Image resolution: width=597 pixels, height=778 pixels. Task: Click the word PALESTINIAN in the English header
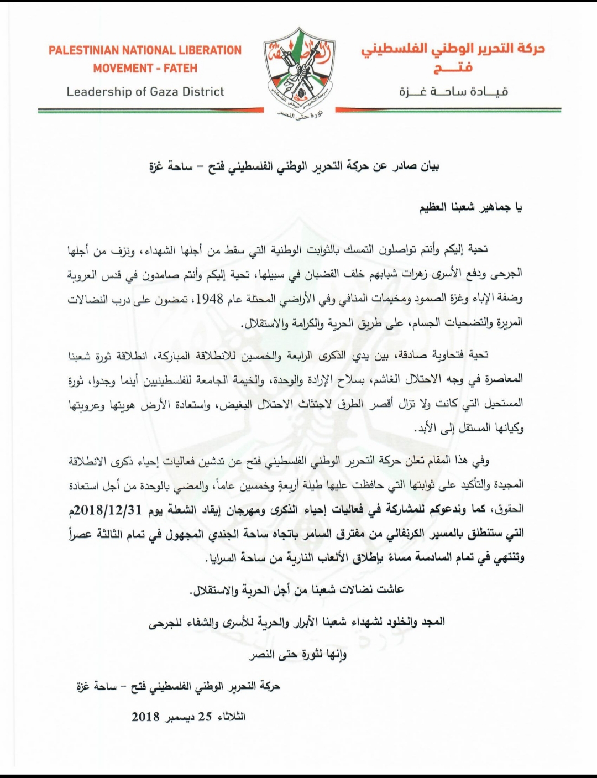(x=83, y=50)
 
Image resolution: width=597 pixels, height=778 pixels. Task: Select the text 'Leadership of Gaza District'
(x=145, y=92)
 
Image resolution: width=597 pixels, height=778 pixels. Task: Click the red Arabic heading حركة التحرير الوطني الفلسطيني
(x=453, y=49)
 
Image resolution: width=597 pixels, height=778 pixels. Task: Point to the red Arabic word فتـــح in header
(x=453, y=69)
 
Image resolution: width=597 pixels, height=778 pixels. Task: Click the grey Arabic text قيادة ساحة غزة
(x=453, y=92)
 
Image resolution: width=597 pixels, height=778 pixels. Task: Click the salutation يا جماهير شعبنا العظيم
(x=470, y=208)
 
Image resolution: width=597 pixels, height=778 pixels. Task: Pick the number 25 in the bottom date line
(x=206, y=717)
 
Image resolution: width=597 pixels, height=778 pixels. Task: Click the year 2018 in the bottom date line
(x=145, y=717)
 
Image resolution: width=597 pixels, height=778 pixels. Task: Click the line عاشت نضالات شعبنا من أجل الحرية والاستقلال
(x=296, y=589)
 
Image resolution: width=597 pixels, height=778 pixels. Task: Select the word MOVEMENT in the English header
(x=123, y=69)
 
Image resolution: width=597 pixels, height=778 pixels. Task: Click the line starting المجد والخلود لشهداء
(x=296, y=622)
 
